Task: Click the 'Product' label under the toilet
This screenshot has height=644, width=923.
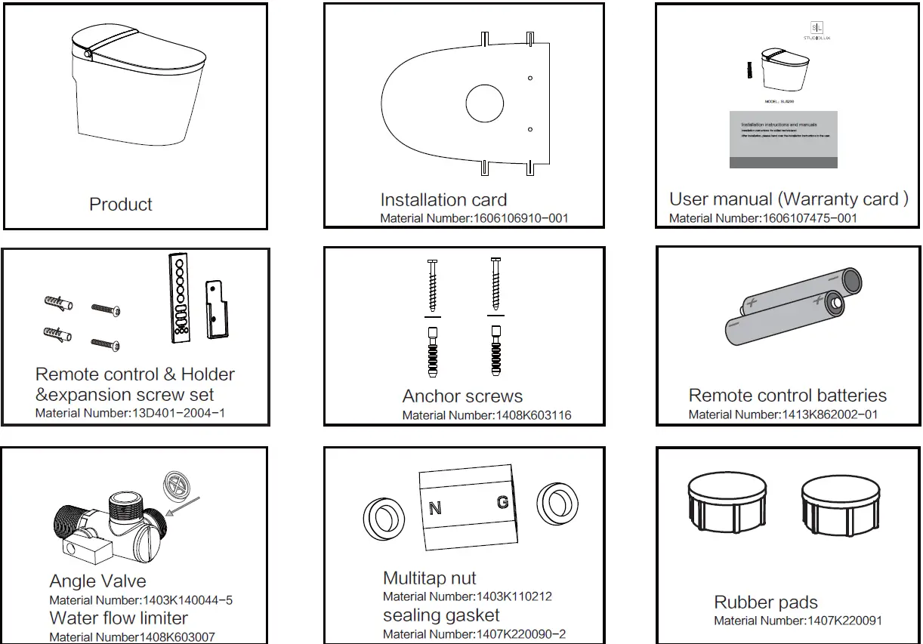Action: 121,205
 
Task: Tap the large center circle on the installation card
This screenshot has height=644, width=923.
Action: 484,104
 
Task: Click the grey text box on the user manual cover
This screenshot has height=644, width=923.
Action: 783,140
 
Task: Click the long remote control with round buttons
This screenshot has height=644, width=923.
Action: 178,297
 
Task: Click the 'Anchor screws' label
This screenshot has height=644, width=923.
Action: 462,396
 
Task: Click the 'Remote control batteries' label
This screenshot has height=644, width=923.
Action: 787,396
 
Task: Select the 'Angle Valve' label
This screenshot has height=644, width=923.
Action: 97,581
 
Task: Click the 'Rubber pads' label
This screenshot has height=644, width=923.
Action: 765,602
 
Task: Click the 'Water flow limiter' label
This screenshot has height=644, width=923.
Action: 119,618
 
